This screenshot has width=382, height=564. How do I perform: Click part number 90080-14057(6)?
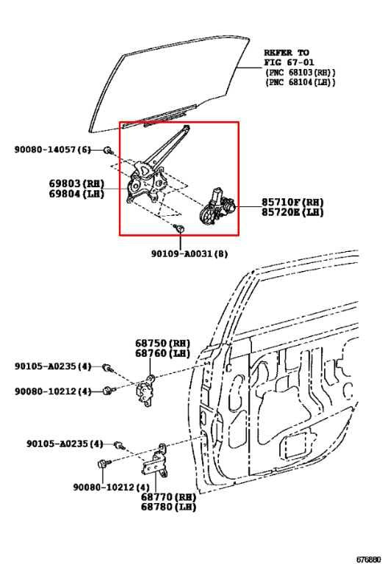(x=52, y=150)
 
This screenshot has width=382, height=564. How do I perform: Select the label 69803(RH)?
(x=76, y=183)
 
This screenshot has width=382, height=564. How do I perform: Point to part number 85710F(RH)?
(x=292, y=201)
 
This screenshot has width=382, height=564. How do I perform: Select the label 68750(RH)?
(x=162, y=343)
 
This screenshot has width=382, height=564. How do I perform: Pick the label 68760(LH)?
(x=162, y=353)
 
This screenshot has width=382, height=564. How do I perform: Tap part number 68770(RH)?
(x=168, y=496)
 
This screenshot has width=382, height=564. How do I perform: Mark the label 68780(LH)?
(x=168, y=507)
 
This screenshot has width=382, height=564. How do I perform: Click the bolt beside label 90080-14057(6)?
(x=108, y=151)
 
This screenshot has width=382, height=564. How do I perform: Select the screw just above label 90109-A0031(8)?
(x=179, y=229)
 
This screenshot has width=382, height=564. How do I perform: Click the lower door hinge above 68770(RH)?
(x=156, y=460)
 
